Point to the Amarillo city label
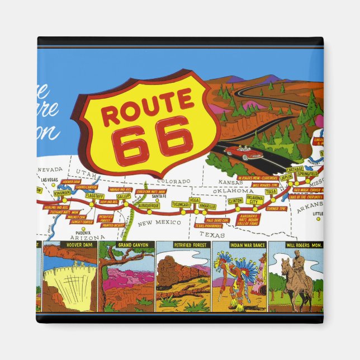coord(207,206)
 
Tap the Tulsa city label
coord(271,191)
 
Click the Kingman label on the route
coord(62,192)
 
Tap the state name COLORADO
coord(170,182)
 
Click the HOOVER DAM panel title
coord(70,245)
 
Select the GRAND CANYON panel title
coord(127,245)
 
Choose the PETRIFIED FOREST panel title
coord(183,245)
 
